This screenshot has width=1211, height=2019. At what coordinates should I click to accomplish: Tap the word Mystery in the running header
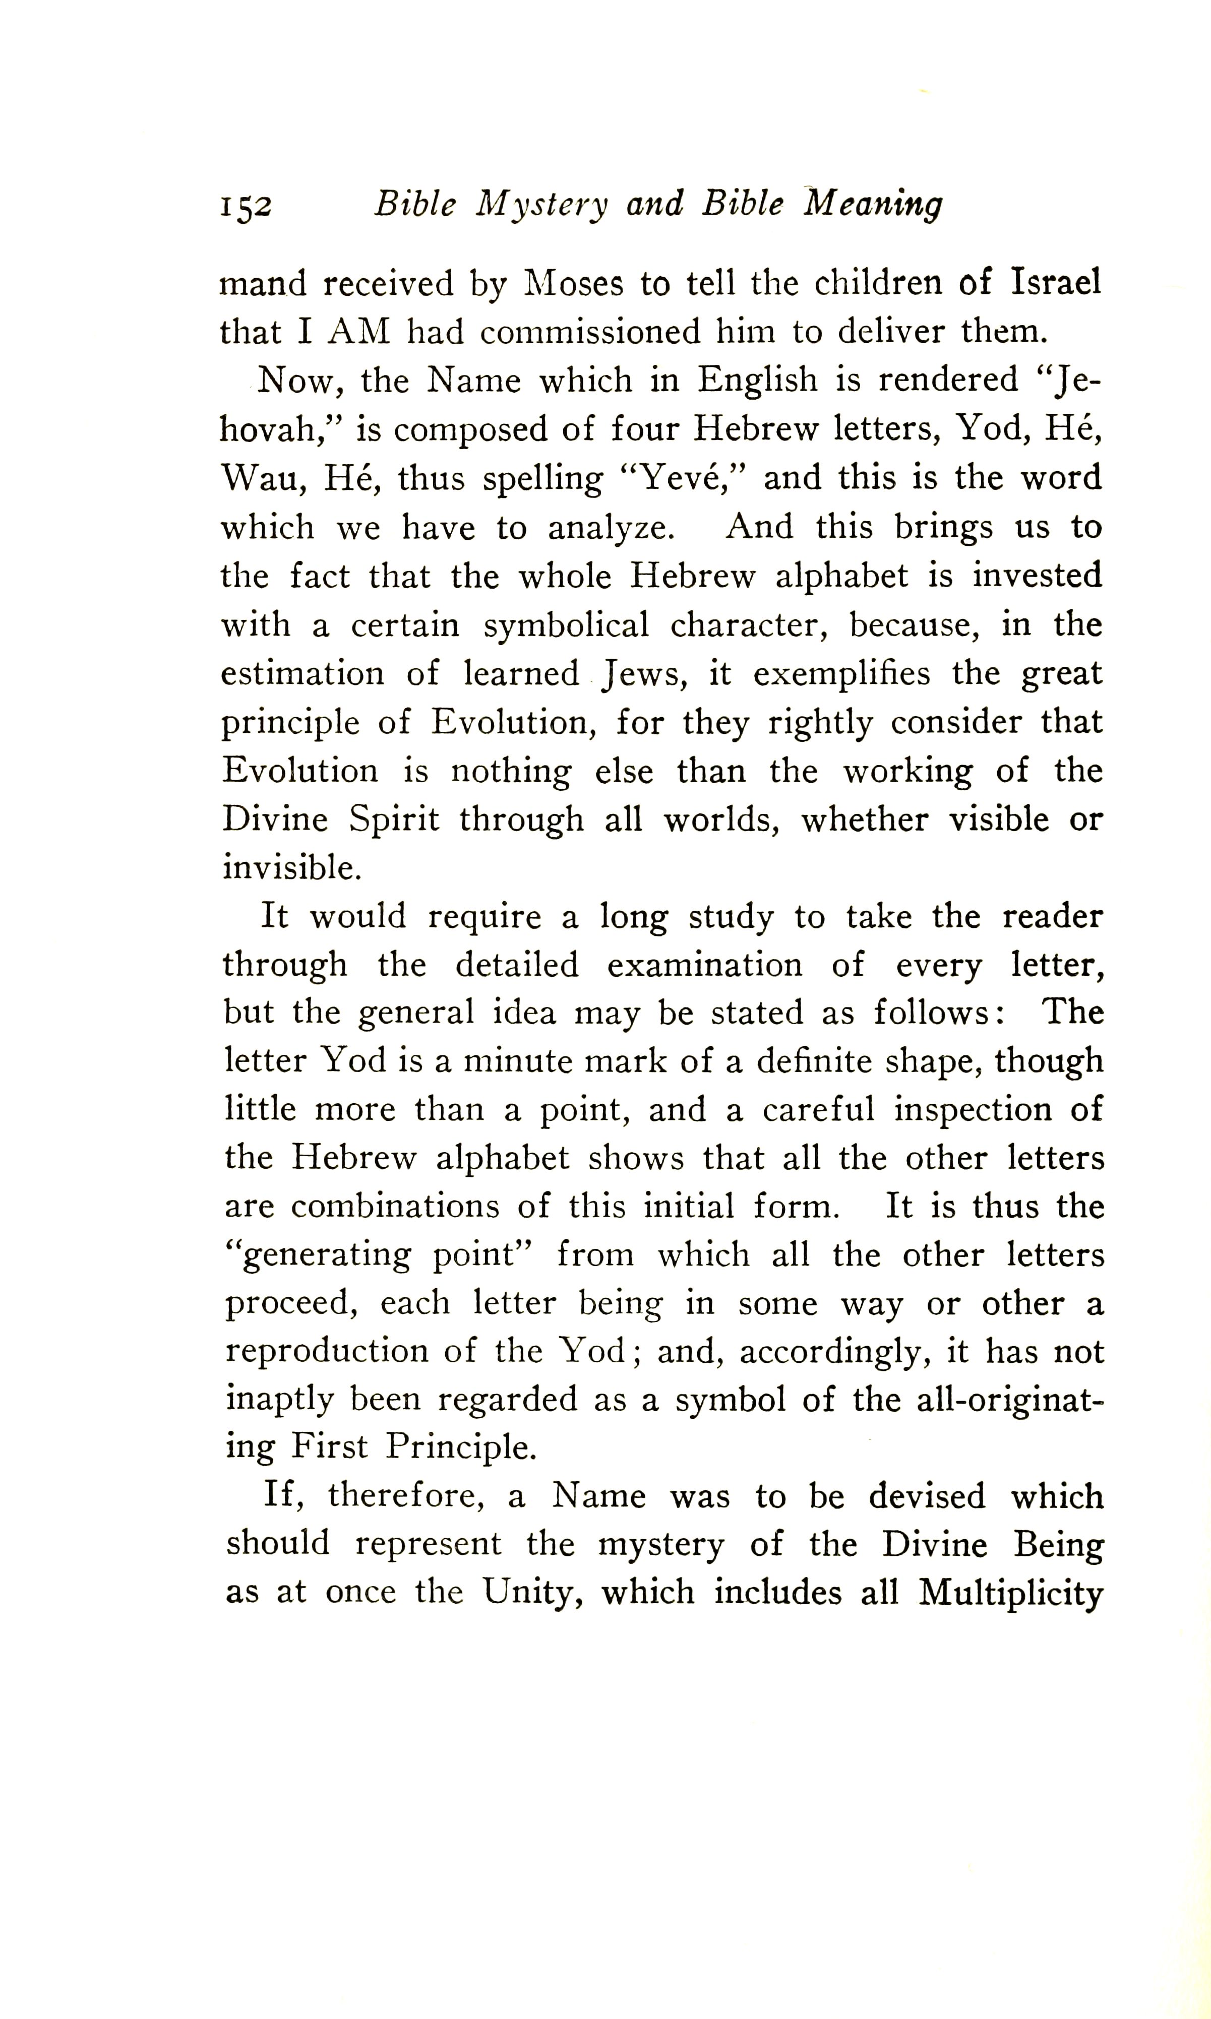(542, 205)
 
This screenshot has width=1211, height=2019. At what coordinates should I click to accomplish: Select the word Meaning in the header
(873, 205)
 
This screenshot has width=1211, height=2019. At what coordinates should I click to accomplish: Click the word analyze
(611, 528)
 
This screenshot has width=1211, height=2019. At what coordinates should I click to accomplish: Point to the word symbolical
(566, 625)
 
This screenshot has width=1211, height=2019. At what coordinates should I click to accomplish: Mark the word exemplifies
(840, 675)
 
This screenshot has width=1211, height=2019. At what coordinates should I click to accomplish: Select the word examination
(704, 965)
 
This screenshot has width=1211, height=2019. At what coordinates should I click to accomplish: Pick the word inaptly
(279, 1401)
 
